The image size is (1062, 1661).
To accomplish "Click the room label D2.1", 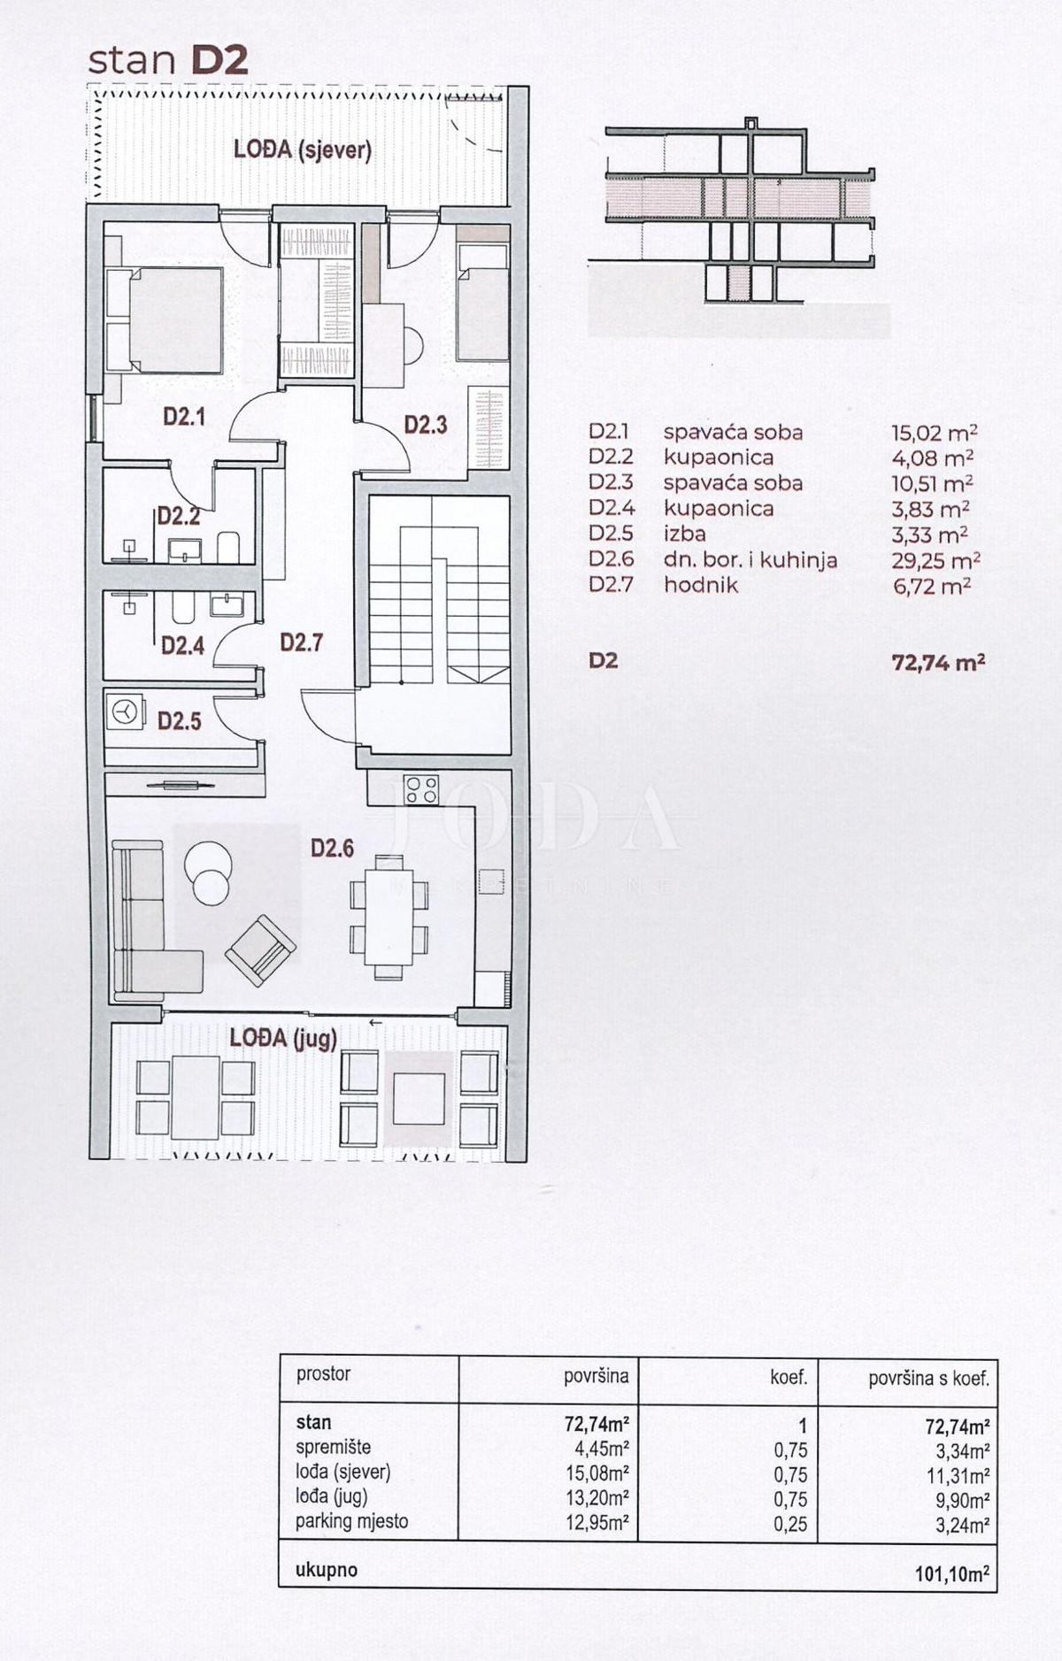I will pos(184,417).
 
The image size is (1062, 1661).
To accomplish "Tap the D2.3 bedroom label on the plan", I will pos(426,425).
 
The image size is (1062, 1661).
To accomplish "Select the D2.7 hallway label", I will pos(301,642).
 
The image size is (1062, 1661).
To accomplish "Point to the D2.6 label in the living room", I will pos(332,849).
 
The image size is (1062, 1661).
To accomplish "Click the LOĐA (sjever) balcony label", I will pos(302,150).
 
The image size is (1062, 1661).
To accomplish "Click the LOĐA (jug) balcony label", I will pos(283,1037).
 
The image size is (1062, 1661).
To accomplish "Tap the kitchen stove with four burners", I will pos(420,788).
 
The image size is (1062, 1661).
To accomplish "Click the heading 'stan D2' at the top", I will pos(168,60).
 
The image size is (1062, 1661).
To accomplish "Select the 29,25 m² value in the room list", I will pos(935,560).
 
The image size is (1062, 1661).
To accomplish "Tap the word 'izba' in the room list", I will pos(684,534).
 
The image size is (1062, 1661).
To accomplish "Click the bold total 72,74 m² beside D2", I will pos(937,662).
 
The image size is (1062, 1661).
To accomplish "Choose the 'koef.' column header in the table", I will pos(789,1377).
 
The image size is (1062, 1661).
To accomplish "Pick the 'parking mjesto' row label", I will pos(351,1521).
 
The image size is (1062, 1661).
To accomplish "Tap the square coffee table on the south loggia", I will pos(419,1097).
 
